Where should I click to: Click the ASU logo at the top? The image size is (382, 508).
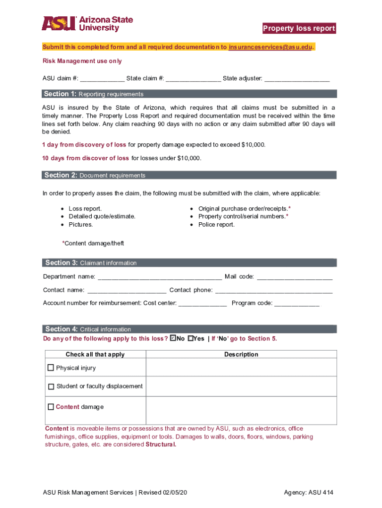coord(87,24)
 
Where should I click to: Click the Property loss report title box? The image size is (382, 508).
coord(299,28)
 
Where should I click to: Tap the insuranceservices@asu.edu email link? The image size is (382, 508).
coord(271,47)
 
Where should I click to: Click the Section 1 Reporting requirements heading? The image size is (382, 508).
coord(94,94)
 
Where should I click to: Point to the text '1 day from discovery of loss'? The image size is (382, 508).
coord(84,145)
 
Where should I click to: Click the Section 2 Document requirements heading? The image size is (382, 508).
coord(95,175)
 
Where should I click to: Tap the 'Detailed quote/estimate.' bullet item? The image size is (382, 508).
coord(102,216)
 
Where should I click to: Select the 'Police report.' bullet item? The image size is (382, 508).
coord(216,225)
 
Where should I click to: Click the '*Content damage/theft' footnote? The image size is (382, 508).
coord(93,243)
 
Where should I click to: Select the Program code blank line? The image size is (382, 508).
coord(297,304)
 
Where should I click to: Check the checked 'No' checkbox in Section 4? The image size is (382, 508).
coord(173,338)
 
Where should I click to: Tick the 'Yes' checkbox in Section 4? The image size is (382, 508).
coord(191,338)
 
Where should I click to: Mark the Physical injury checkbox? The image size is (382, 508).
coord(51,368)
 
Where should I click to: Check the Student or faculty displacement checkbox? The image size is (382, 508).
coord(51,386)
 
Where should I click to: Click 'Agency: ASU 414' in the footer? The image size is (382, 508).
coord(309,493)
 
